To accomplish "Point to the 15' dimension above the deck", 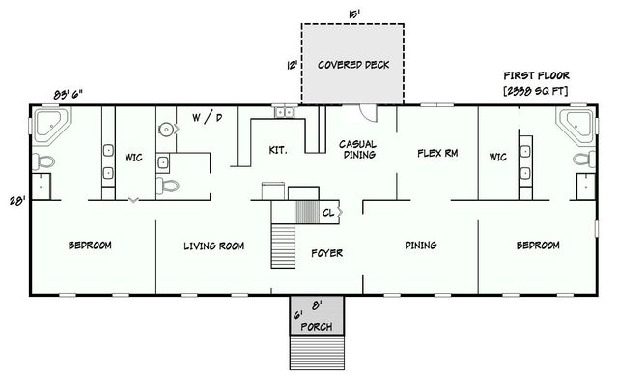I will coord(352,13).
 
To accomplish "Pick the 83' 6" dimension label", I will coord(69,94).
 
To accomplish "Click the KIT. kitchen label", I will coord(279,149).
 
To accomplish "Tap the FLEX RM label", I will coord(436,153).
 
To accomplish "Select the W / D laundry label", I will coord(207,118).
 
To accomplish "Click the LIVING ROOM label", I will coord(213,246).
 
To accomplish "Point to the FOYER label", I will coord(326,253).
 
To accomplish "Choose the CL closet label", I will coord(328,212).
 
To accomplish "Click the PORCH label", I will coord(316,327).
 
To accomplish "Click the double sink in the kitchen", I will coord(286,113).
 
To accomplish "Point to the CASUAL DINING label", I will coord(357,149).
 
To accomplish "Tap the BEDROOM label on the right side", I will coord(538,246).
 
